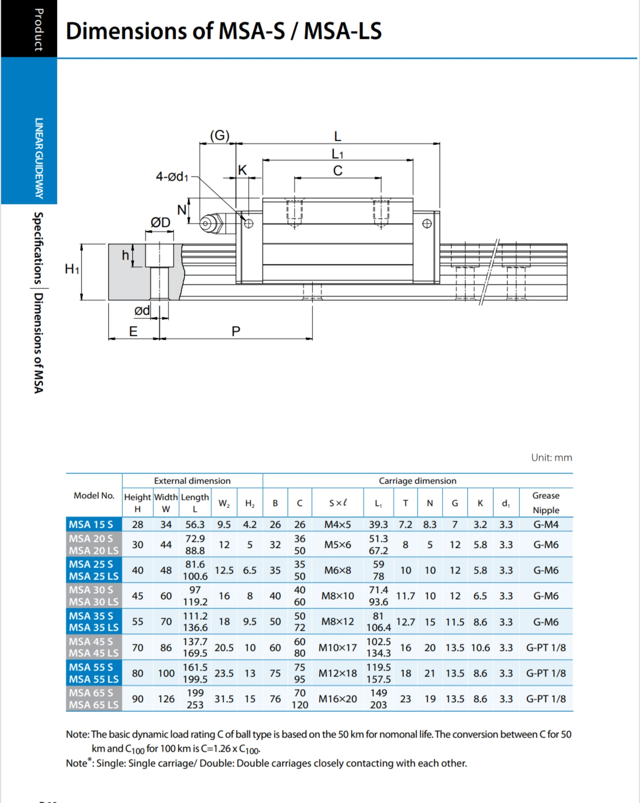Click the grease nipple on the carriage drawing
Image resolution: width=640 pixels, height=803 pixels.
(x=211, y=223)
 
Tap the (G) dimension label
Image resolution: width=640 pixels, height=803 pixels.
(x=220, y=135)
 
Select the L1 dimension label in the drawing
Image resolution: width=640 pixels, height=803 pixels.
(x=337, y=154)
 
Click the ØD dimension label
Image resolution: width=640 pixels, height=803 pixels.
(x=160, y=222)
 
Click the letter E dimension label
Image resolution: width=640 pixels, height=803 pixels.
(x=133, y=331)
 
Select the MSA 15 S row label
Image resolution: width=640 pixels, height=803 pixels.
(x=91, y=524)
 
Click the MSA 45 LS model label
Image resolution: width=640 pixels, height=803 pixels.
(x=93, y=653)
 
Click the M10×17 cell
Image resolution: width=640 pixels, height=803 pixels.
(x=337, y=648)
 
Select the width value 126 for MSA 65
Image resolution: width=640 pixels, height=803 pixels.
(x=166, y=699)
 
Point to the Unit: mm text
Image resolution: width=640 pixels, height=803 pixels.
(x=551, y=457)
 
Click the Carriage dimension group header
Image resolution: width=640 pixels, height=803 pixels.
(x=417, y=481)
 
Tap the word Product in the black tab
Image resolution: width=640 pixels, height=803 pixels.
(x=38, y=30)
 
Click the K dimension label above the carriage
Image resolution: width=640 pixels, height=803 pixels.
(x=242, y=170)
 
